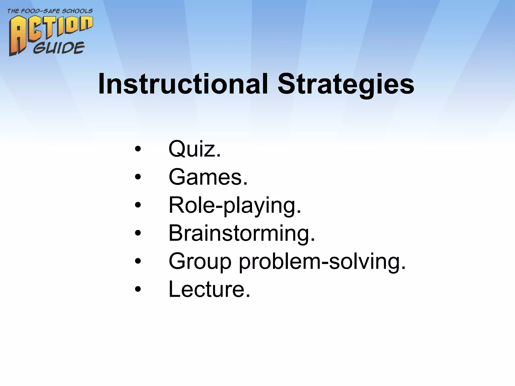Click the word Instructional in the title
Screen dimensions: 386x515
click(183, 84)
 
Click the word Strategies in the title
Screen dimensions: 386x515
click(346, 84)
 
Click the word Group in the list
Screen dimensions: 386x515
click(200, 261)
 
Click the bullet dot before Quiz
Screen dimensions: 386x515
click(138, 149)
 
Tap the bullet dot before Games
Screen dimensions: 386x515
click(138, 177)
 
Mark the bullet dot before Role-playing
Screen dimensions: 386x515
click(138, 205)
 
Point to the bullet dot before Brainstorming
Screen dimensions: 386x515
click(138, 233)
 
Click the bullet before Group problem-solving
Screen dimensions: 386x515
click(138, 261)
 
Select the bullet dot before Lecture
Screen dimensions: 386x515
click(138, 289)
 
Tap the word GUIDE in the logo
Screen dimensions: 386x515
click(59, 48)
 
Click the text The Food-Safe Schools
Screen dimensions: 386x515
click(50, 11)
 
